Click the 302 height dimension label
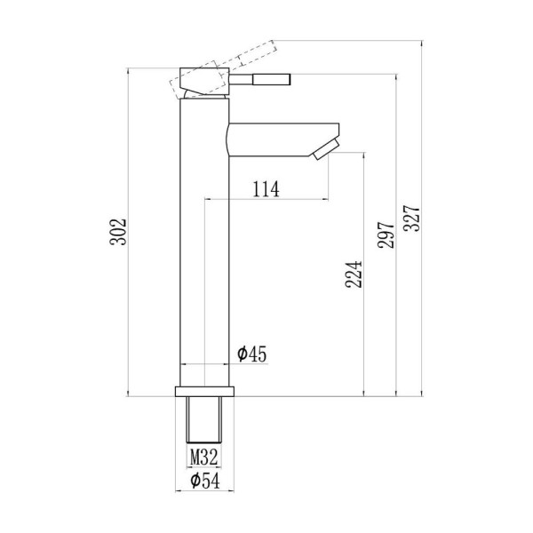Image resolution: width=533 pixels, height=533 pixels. [118, 232]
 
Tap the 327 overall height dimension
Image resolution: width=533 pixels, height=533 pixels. [411, 219]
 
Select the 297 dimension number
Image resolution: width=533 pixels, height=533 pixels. [386, 235]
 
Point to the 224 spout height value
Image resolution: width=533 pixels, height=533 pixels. [354, 274]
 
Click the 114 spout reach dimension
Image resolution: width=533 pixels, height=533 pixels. [266, 189]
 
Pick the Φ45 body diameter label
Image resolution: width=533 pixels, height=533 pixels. [252, 354]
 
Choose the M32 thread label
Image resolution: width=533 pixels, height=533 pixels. [203, 457]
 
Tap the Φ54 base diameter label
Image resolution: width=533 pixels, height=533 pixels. [205, 481]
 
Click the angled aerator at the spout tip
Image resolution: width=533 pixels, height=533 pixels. [326, 149]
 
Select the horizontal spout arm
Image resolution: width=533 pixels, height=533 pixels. [282, 139]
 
